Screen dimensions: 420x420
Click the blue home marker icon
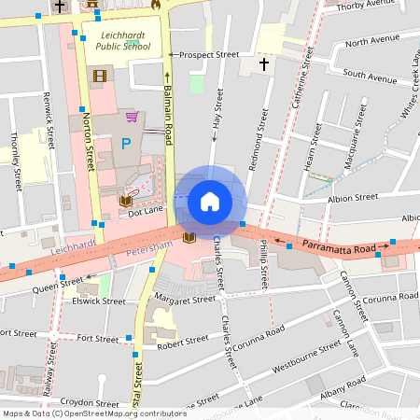click(210, 201)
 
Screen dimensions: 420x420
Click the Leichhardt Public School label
click(124, 39)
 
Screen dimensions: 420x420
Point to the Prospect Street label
click(209, 55)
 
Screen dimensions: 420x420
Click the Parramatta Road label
click(343, 249)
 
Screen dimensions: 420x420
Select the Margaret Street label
click(185, 299)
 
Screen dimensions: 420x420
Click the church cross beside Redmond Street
click(263, 63)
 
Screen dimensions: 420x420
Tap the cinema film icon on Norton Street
click(99, 75)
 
